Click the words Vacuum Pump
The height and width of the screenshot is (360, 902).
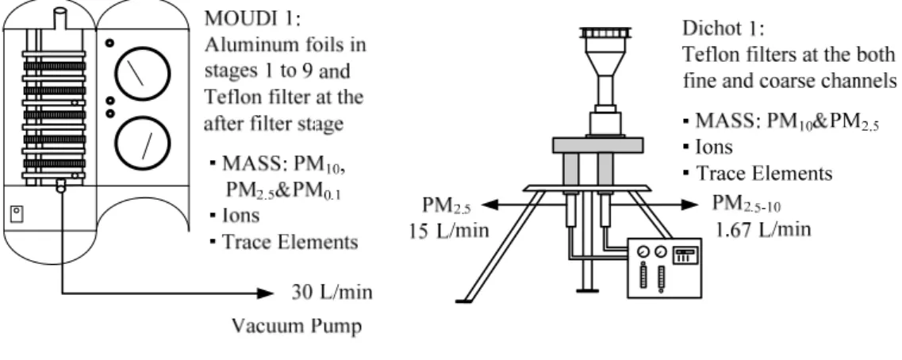(x=297, y=326)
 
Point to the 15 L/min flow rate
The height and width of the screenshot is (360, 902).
(x=449, y=231)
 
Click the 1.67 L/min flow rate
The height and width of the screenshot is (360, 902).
(x=763, y=229)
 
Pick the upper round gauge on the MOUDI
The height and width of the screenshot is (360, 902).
(x=143, y=73)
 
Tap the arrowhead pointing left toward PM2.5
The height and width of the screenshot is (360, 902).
(x=490, y=204)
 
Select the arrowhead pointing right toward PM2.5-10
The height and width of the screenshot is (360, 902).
(x=689, y=204)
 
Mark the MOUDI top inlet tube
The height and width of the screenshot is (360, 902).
(x=59, y=18)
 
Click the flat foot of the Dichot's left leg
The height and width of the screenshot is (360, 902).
(x=463, y=301)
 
